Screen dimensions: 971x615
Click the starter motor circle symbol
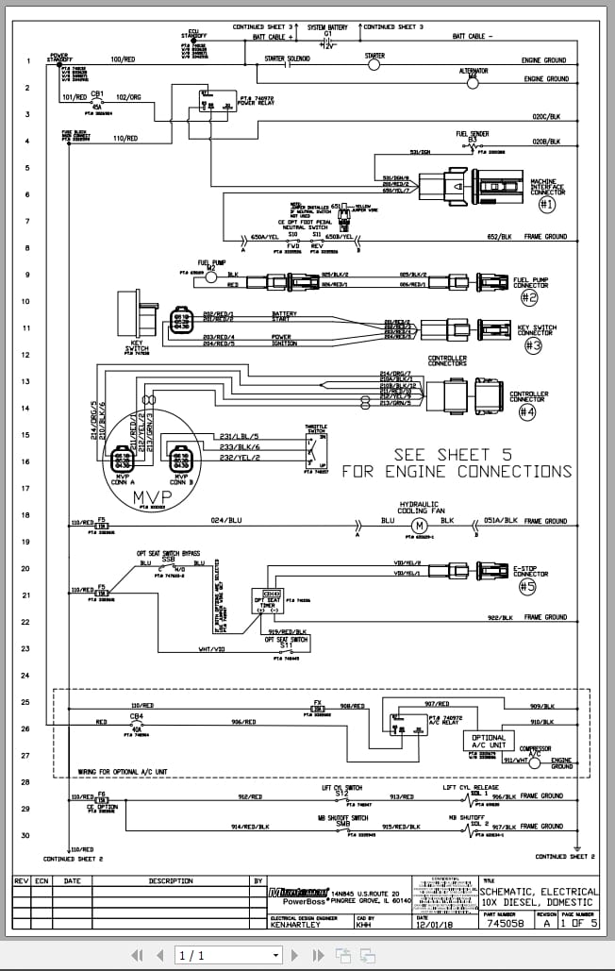pos(374,66)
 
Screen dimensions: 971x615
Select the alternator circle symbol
pos(473,82)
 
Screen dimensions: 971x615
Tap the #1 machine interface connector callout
pos(547,203)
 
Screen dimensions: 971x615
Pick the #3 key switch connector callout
pos(533,345)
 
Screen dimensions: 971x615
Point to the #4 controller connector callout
pos(526,411)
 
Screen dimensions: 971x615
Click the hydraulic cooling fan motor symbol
pos(420,525)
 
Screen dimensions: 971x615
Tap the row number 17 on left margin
pos(27,488)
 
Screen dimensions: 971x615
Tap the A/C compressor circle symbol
pos(534,761)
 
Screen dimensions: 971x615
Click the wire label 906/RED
pos(243,722)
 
